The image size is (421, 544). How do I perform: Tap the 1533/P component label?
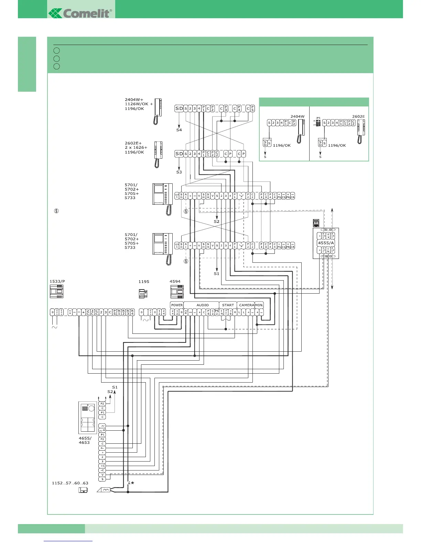[x=57, y=281]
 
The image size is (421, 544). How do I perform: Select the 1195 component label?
[x=144, y=282]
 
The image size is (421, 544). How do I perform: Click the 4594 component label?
[x=175, y=282]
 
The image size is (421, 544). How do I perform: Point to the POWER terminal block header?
[x=177, y=305]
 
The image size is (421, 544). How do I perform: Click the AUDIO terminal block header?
[x=202, y=305]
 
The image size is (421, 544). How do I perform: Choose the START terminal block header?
[x=228, y=305]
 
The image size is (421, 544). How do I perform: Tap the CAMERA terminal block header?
[x=246, y=305]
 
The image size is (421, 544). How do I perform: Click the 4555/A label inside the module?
[x=326, y=243]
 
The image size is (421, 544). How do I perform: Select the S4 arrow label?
[x=179, y=130]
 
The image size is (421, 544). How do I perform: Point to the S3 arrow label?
[x=179, y=172]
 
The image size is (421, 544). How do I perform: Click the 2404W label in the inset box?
[x=297, y=116]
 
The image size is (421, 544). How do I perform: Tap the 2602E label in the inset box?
[x=358, y=116]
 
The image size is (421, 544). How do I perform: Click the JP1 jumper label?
[x=318, y=118]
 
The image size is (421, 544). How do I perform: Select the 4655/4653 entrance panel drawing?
[x=87, y=418]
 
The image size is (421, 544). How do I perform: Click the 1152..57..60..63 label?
[x=70, y=483]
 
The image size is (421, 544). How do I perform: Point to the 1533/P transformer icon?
[x=56, y=292]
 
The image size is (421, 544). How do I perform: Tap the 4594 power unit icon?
[x=177, y=292]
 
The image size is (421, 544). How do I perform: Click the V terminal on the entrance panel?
[x=102, y=475]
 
